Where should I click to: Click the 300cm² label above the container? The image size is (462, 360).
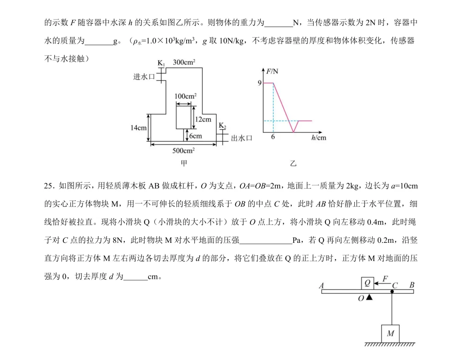coord(184,62)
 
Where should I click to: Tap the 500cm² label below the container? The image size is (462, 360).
coord(183,150)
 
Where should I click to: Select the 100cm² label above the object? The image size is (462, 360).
coord(185,96)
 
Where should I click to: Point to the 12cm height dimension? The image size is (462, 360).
coord(203,119)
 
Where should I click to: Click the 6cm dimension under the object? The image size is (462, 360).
coord(195,136)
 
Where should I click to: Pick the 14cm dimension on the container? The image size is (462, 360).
coord(139,128)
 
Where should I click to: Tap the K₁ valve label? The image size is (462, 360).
coord(161,63)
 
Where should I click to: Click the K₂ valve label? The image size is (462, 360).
coord(222,126)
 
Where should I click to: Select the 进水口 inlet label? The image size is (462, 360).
coord(144,77)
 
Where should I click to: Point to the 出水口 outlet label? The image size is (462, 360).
coord(242,138)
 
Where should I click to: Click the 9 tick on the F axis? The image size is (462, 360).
coord(260,83)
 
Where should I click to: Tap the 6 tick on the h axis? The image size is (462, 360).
coord(273,137)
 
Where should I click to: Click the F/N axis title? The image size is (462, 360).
coord(272,71)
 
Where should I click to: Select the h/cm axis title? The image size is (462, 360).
coord(319,138)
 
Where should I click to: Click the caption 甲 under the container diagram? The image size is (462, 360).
coord(184,163)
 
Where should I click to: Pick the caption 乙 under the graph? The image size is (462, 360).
coord(293,163)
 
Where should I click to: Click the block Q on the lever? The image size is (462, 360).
coord(367,283)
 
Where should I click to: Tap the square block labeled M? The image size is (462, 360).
coord(391,334)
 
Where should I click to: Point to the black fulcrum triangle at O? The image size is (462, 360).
coord(369,297)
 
